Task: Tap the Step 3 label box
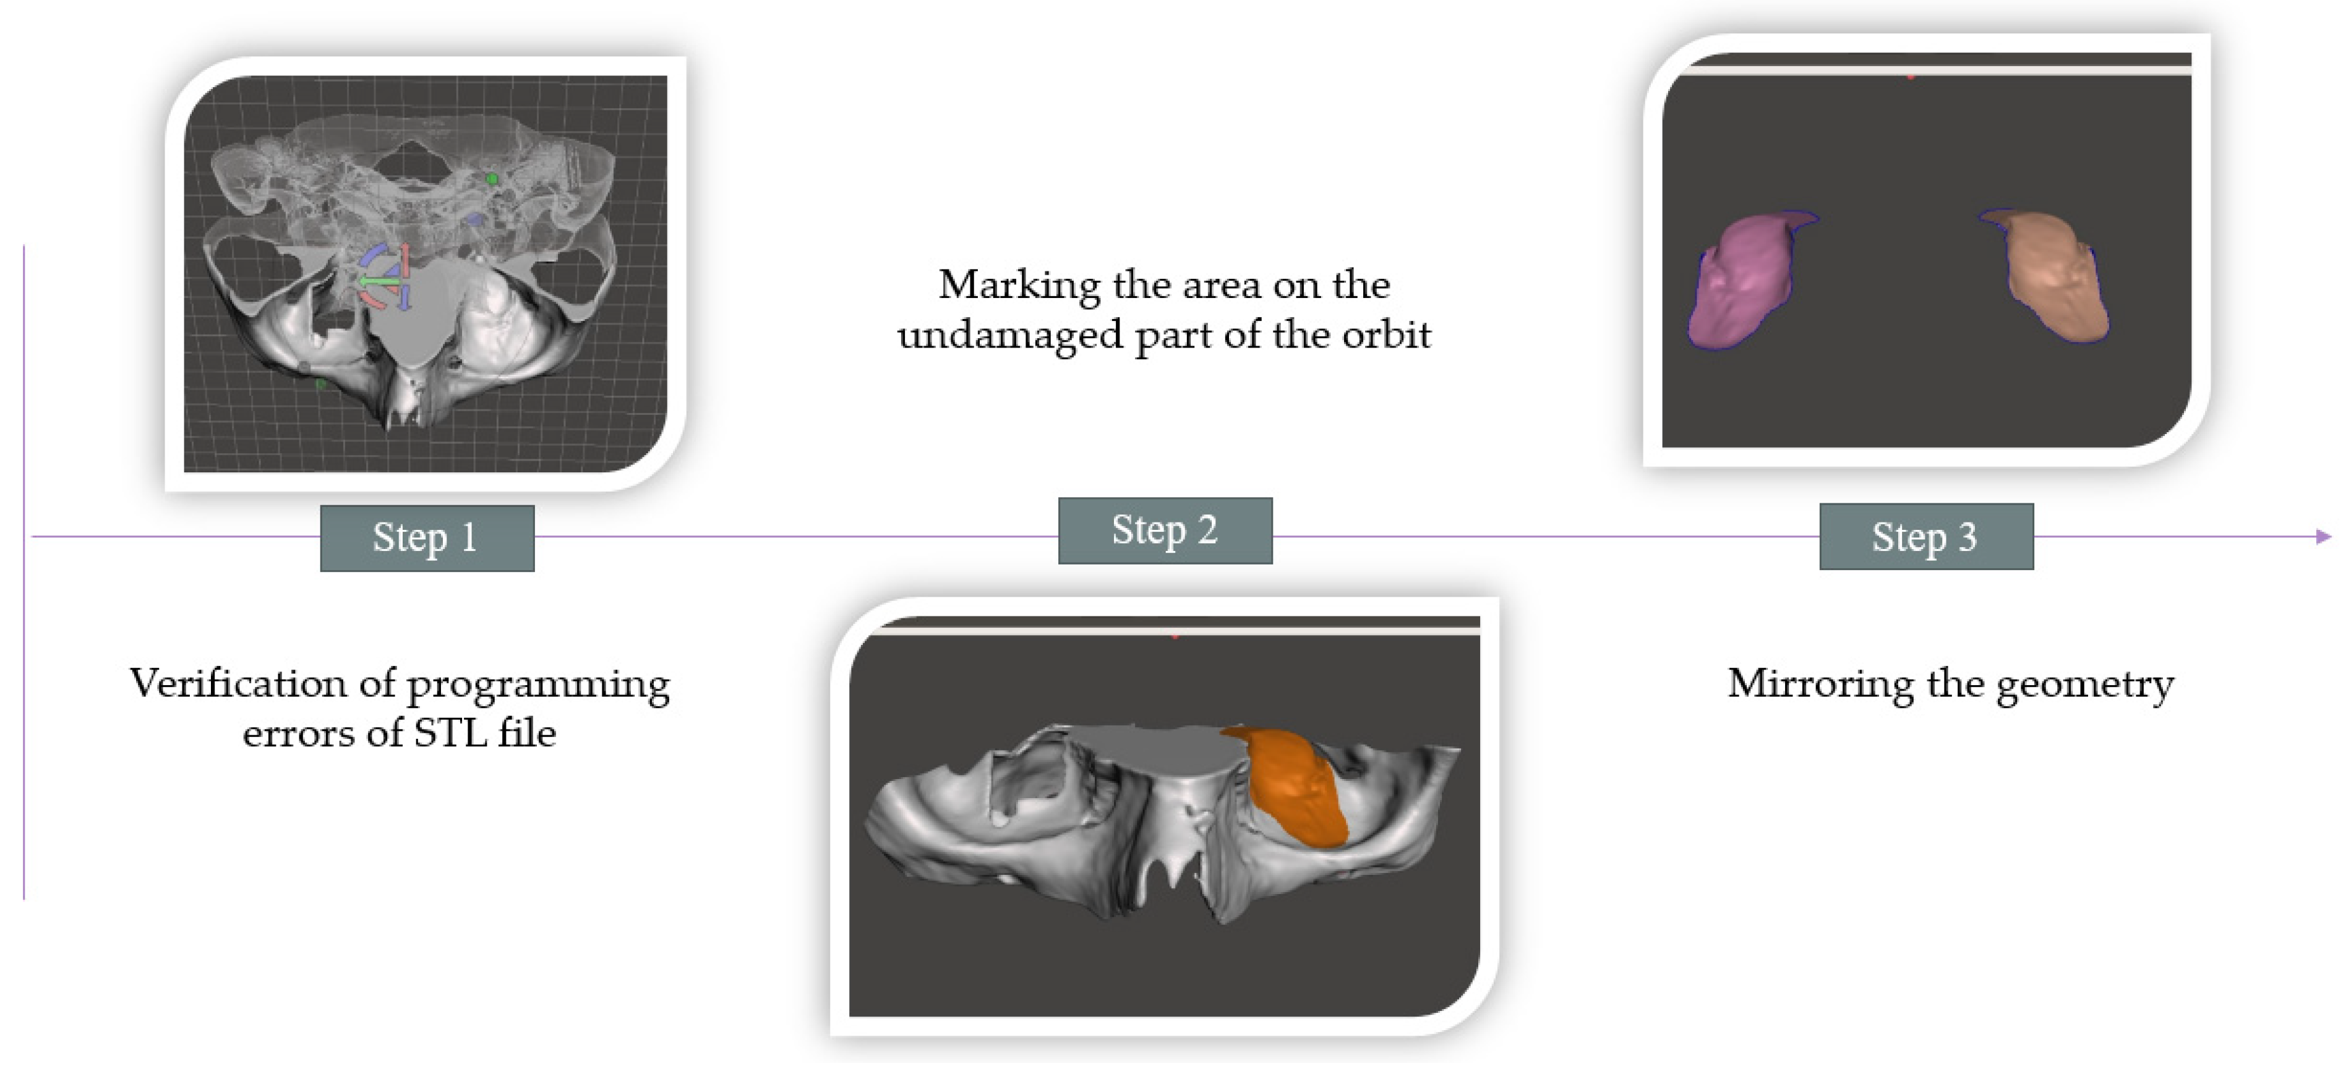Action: click(x=1925, y=537)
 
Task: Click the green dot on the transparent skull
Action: click(x=492, y=179)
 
